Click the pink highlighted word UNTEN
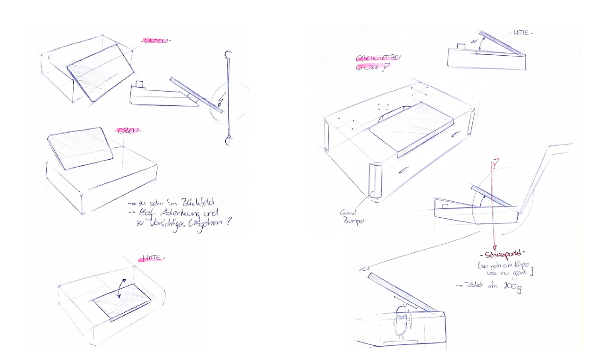155,42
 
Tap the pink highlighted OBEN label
127,131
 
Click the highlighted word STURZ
369,68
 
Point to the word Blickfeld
193,203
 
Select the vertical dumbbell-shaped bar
228,97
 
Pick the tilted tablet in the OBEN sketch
81,147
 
